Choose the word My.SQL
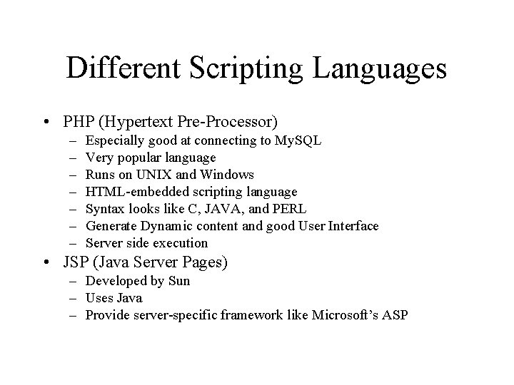pyautogui.click(x=298, y=140)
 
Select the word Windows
pyautogui.click(x=228, y=175)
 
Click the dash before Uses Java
pyautogui.click(x=74, y=298)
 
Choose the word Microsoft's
pyautogui.click(x=348, y=315)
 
